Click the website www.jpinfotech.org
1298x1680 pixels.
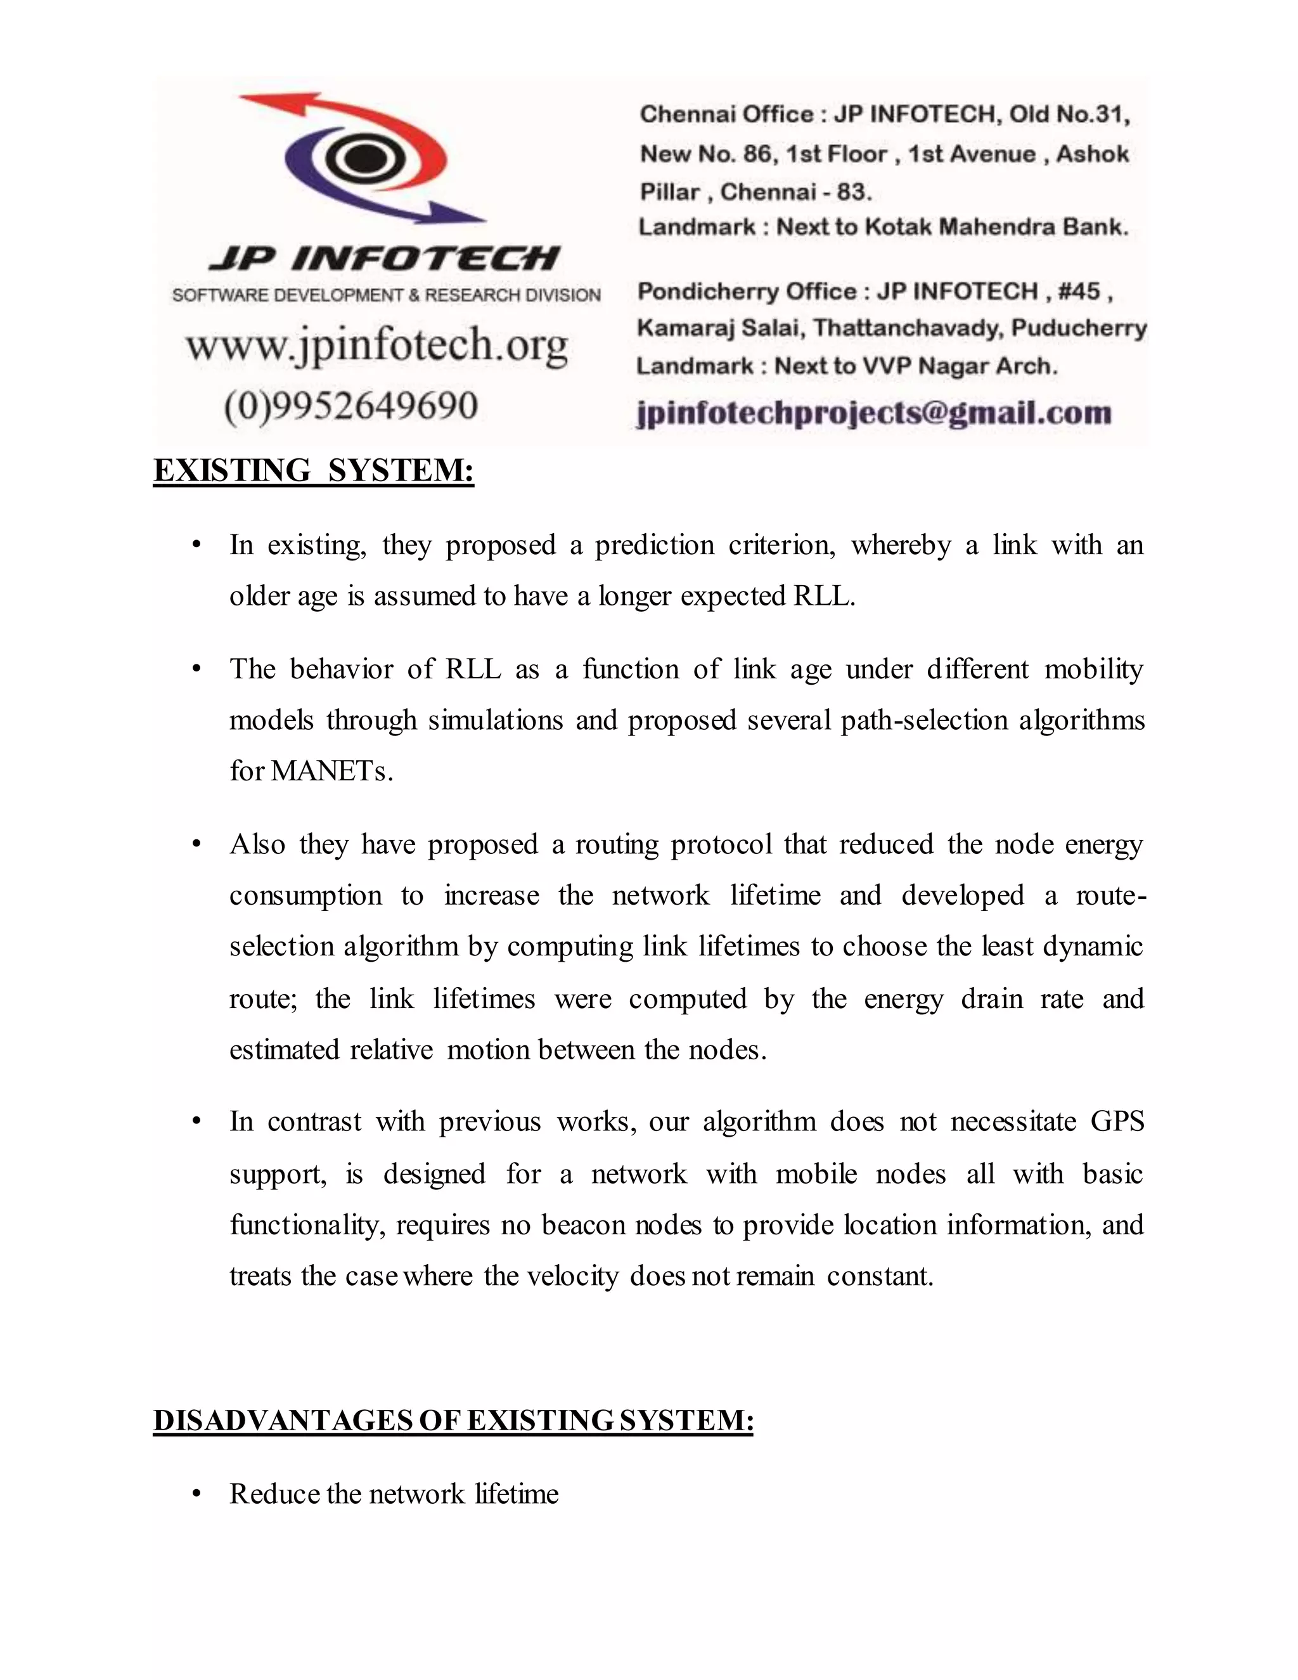click(377, 345)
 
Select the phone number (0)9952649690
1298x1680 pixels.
click(351, 405)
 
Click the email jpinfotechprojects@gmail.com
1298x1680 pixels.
click(874, 413)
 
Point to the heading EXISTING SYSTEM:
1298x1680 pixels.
click(314, 470)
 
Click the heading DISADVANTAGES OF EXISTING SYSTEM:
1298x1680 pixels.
click(453, 1420)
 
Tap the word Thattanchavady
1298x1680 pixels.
click(908, 328)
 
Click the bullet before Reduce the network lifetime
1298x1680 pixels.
click(197, 1494)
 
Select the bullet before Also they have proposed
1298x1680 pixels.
click(197, 844)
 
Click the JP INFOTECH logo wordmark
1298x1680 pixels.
click(385, 259)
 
